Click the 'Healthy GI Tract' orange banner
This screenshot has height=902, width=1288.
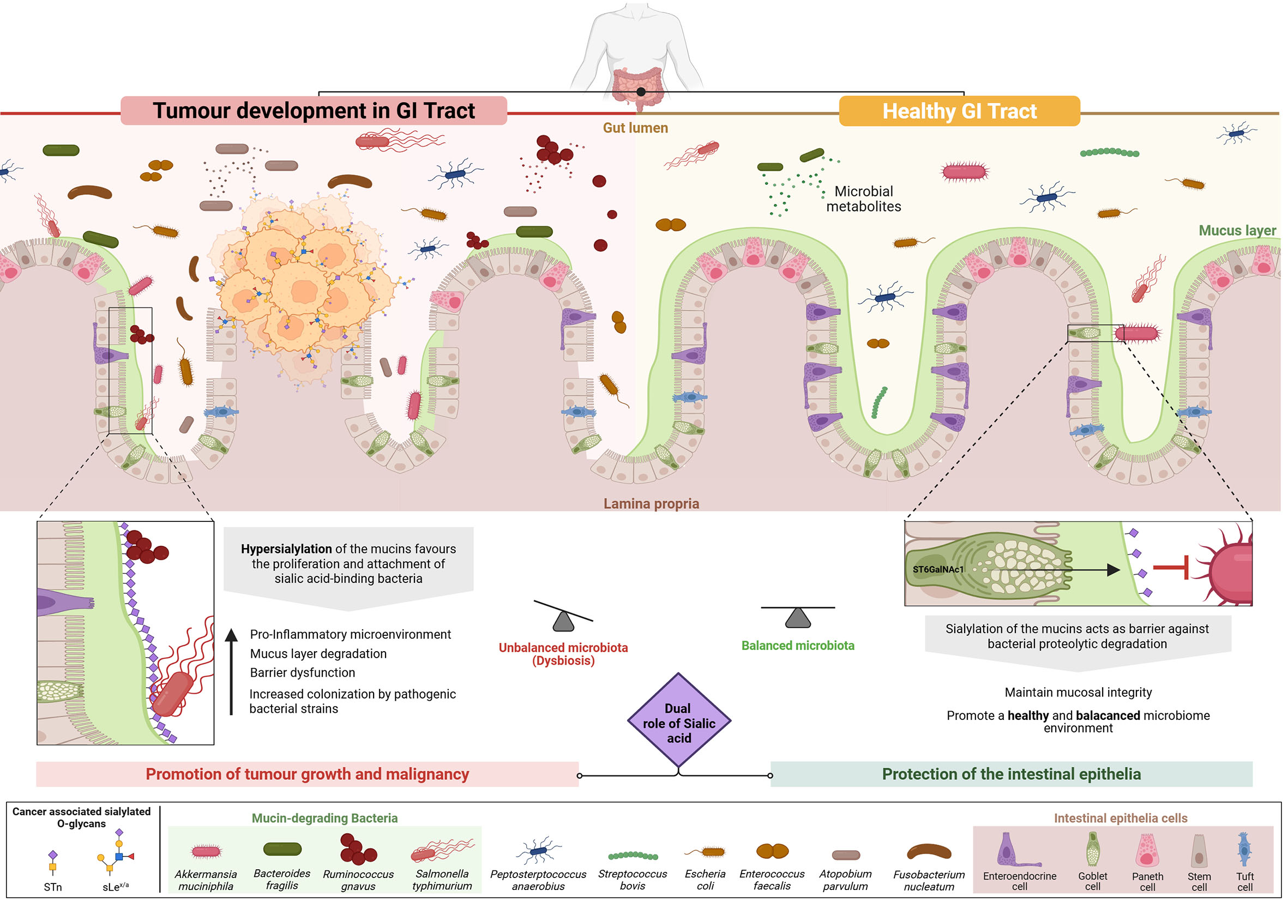[x=959, y=111]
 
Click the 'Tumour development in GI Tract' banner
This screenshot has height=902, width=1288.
[x=314, y=111]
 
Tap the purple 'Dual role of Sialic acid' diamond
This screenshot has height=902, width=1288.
[x=679, y=721]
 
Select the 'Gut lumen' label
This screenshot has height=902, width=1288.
[x=635, y=128]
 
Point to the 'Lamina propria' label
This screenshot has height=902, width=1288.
[x=651, y=504]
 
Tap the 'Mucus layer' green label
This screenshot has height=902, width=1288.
[x=1236, y=231]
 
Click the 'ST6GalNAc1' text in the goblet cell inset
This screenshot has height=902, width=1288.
[x=937, y=569]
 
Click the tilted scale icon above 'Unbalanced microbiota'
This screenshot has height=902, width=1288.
[x=563, y=616]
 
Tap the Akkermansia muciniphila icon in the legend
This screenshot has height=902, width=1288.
[x=206, y=851]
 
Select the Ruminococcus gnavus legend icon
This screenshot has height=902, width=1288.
[x=357, y=849]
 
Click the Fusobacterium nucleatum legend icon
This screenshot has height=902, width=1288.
[x=929, y=852]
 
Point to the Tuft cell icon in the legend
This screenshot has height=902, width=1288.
[x=1244, y=850]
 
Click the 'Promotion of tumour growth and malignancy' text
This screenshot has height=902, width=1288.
[x=307, y=774]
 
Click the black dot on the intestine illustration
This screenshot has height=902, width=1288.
[x=641, y=92]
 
